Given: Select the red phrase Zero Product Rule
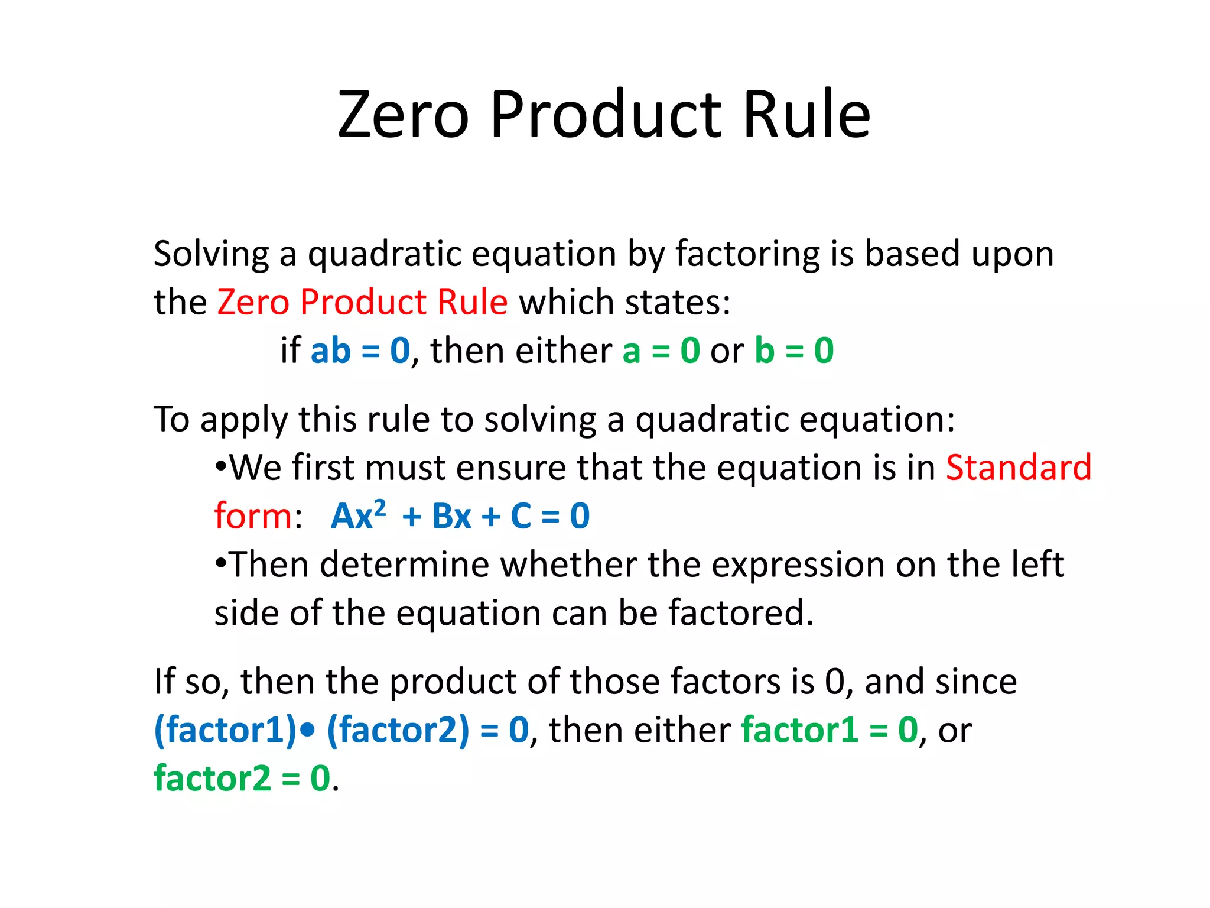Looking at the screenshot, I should pyautogui.click(x=362, y=302).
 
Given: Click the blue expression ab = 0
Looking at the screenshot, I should pyautogui.click(x=360, y=351).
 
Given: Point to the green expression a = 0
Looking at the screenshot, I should pyautogui.click(x=661, y=351).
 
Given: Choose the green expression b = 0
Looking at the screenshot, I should pyautogui.click(x=794, y=351).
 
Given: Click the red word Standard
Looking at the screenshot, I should pyautogui.click(x=1019, y=468).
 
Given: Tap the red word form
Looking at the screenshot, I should pyautogui.click(x=253, y=516).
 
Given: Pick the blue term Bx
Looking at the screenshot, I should pyautogui.click(x=451, y=516).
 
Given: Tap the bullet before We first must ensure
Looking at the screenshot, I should pyautogui.click(x=221, y=466).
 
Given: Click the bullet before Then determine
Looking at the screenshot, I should pyautogui.click(x=221, y=563).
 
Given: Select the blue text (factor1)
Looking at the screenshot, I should pyautogui.click(x=225, y=730).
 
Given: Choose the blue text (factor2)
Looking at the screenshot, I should pyautogui.click(x=398, y=730).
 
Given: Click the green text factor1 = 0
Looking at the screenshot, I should pyautogui.click(x=830, y=730).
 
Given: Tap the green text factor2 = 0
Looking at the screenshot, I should pyautogui.click(x=242, y=779).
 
